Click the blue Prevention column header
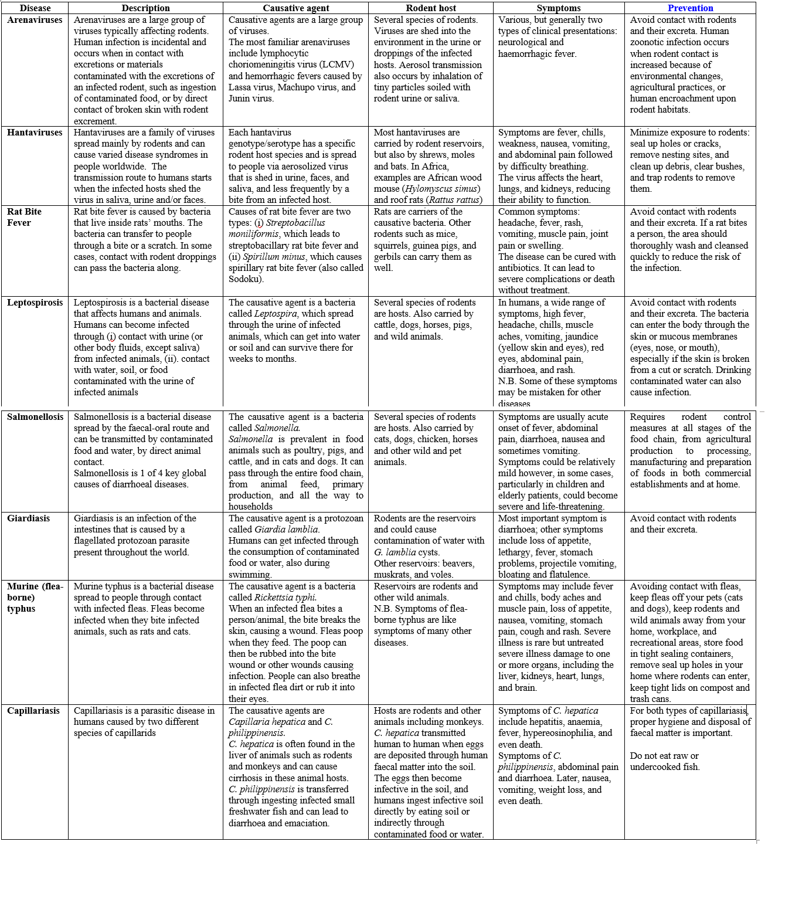pos(690,8)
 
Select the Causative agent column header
pos(295,8)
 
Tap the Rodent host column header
pos(430,8)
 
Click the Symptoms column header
pos(559,8)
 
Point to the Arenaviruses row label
pos(35,20)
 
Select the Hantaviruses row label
pos(35,133)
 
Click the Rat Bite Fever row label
pos(24,217)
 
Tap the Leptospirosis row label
pos(35,303)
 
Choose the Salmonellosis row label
pos(35,417)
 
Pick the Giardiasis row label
pos(28,518)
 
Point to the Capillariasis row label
pos(33,711)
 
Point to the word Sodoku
pos(244,279)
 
